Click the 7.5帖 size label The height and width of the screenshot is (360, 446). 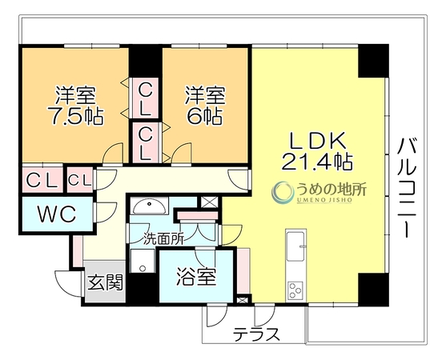76,116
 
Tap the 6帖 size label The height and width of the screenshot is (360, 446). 204,116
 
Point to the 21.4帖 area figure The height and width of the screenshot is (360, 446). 317,161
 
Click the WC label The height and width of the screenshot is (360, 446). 57,214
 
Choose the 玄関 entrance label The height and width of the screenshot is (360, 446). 105,282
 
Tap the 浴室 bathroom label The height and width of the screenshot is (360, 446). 196,276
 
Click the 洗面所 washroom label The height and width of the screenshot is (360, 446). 163,239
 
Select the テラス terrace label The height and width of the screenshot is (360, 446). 256,334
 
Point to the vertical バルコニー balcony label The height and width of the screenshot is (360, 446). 407,187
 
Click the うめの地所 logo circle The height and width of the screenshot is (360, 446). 283,192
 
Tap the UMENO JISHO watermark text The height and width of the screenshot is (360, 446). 324,200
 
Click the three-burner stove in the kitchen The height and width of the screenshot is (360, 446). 295,290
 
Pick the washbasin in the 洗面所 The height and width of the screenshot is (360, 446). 149,206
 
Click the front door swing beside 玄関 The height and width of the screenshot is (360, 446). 68,284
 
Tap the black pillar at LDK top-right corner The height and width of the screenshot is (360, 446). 373,61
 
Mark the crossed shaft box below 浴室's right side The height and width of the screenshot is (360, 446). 243,300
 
